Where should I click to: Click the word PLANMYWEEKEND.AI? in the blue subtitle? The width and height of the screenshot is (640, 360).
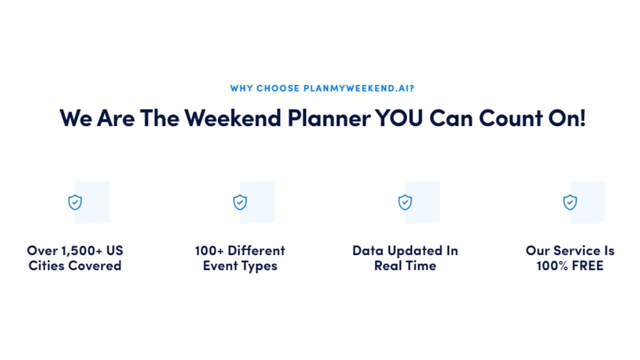[x=358, y=88]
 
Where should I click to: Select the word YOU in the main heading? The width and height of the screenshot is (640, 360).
[x=399, y=117]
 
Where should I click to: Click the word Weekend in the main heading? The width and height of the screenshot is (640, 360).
[x=233, y=117]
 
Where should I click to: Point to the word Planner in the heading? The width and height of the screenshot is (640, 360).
[x=329, y=117]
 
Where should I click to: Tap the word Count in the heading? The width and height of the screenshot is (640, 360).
[x=511, y=117]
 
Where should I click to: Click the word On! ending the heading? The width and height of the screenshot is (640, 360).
[x=567, y=117]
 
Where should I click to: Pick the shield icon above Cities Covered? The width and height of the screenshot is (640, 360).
[x=75, y=202]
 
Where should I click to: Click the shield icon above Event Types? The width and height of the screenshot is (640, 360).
[x=240, y=202]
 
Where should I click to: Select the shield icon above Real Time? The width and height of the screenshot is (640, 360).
[x=405, y=202]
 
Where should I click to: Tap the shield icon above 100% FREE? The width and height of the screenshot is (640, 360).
[x=570, y=202]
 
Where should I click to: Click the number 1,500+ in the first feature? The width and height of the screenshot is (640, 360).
[x=81, y=251]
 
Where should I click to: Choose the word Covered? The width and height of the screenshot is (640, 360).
[x=95, y=265]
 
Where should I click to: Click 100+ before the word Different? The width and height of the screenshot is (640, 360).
[x=209, y=251]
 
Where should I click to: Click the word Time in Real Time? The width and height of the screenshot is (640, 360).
[x=421, y=265]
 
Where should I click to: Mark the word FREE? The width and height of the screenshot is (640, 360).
[x=587, y=265]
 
